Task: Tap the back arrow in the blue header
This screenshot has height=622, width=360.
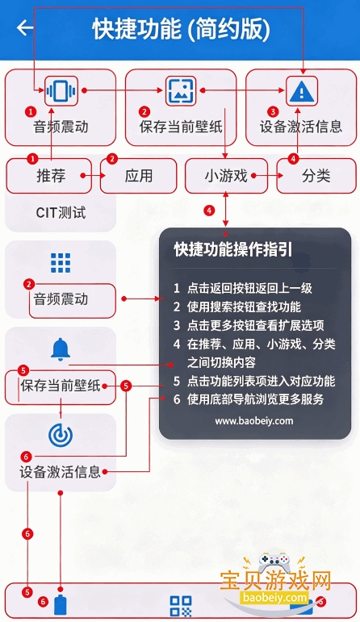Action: pos(25,27)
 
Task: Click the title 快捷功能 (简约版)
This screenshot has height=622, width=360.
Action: pos(182,29)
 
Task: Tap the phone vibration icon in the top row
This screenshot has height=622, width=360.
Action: pos(61,91)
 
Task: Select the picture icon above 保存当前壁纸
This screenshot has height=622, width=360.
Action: pos(181,91)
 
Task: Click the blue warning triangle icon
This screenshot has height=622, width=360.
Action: pos(302,91)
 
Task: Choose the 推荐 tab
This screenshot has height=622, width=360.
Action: pos(51,175)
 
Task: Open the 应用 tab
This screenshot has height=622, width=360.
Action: pos(139,175)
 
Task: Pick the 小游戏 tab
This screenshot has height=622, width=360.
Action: pos(226,175)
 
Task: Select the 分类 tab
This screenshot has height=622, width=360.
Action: pos(316,175)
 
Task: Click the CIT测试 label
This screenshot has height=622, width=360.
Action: pos(61,213)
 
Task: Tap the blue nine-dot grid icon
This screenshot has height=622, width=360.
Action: pos(61,263)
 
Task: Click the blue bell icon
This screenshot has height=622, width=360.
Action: pos(61,349)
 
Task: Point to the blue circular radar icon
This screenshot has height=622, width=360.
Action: pos(61,436)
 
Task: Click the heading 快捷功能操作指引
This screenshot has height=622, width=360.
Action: pos(233,249)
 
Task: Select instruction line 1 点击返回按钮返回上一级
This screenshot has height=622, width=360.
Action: pos(243,288)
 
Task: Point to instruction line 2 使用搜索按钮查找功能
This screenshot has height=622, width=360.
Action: pos(237,307)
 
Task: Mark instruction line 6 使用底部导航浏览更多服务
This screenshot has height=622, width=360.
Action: pos(249,399)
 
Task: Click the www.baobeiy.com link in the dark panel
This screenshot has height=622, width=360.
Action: pos(254,421)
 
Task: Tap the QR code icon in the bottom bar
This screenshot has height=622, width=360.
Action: pos(181,606)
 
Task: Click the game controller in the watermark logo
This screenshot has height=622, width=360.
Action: pos(274,561)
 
